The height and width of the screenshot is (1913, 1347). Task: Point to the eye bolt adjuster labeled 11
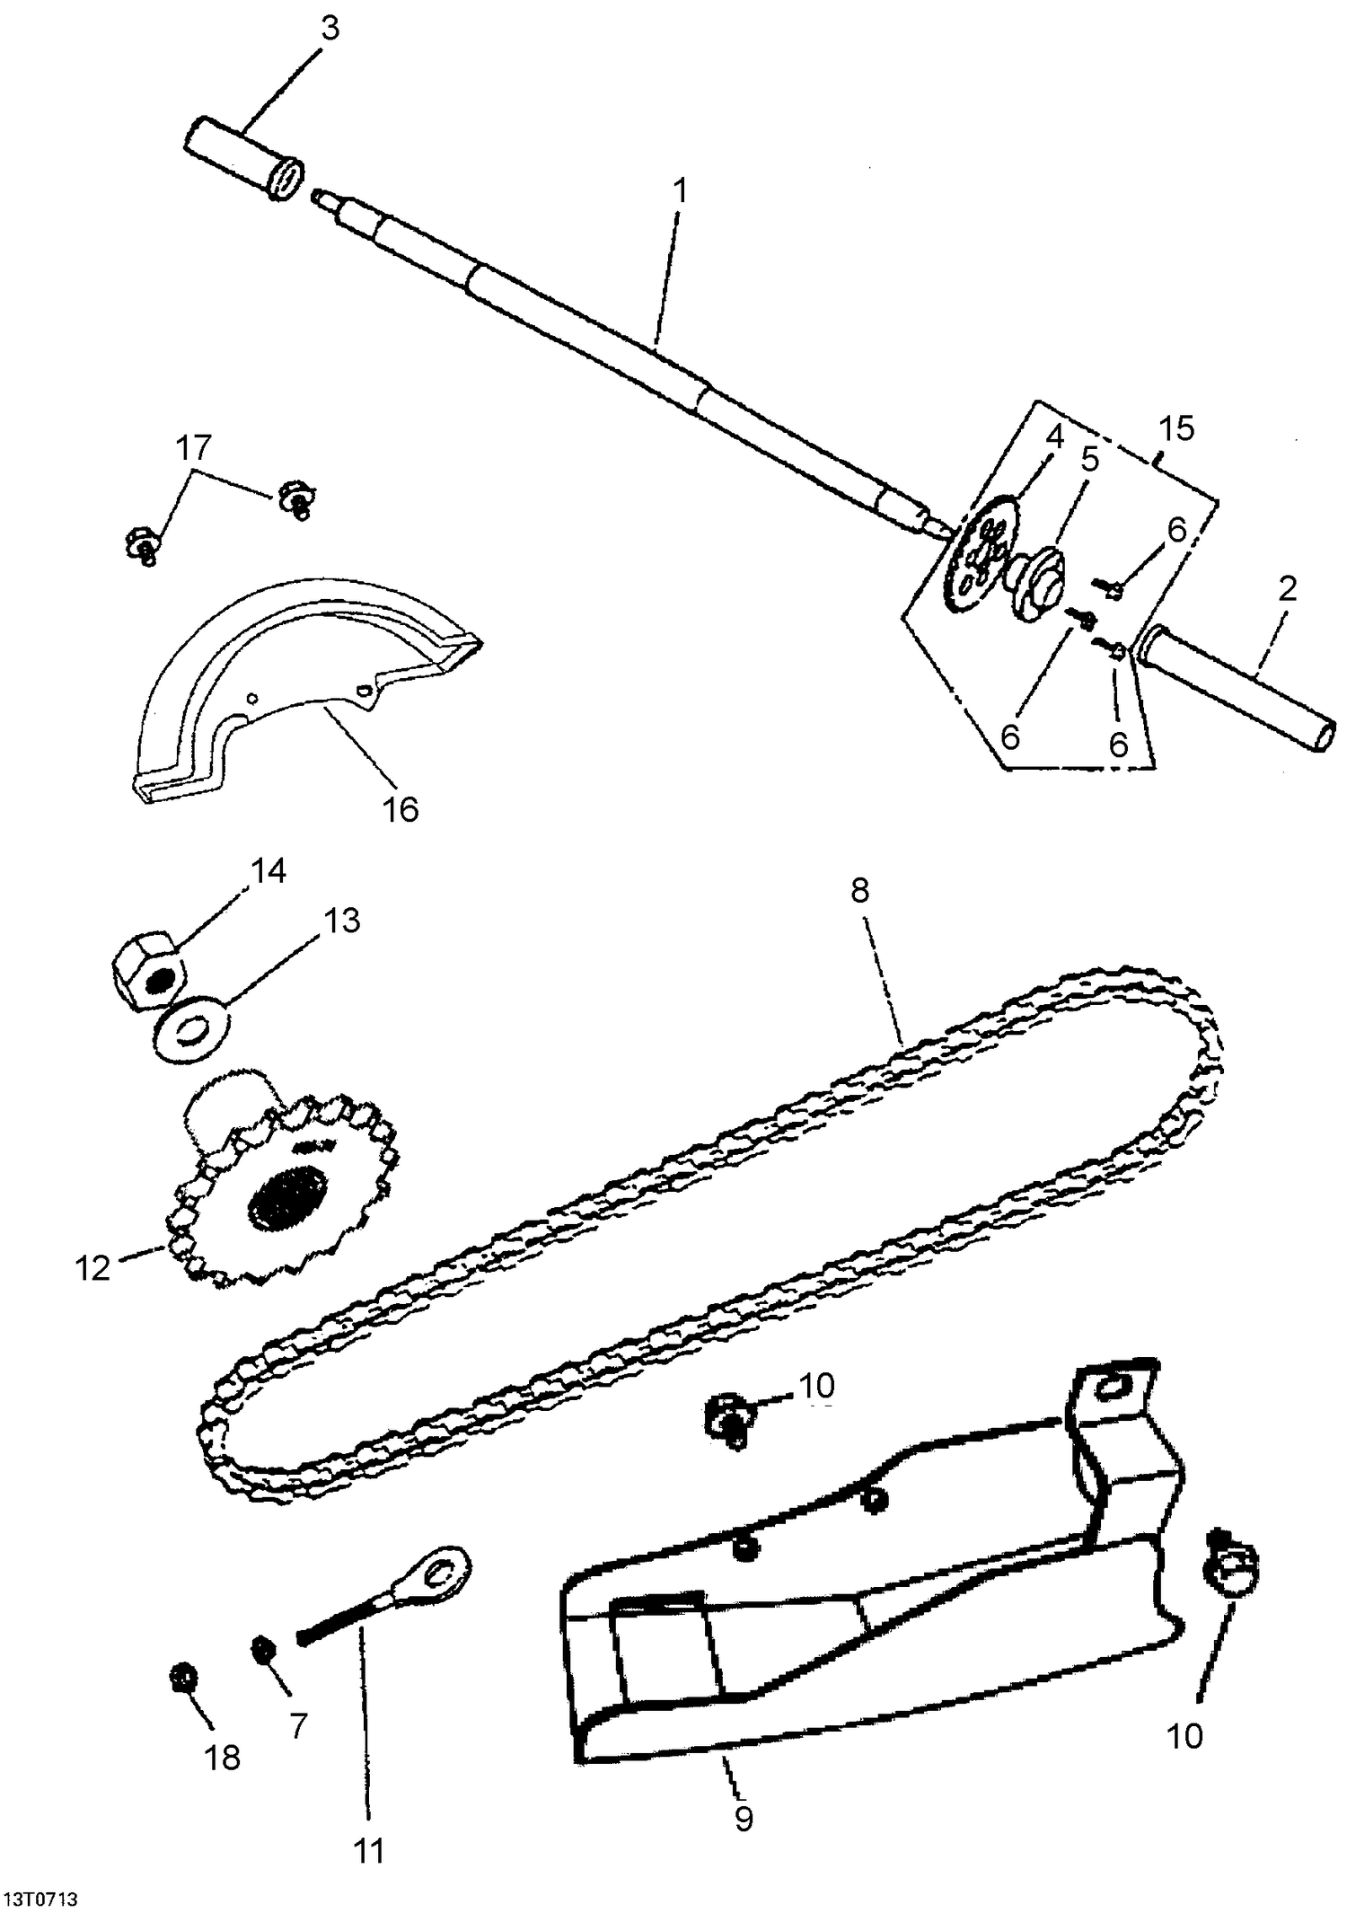(x=377, y=1611)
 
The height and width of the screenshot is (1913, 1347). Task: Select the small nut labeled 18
(x=184, y=1677)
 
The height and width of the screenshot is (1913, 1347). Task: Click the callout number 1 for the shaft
(x=681, y=191)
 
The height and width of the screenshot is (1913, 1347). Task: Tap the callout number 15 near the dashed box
(x=1176, y=428)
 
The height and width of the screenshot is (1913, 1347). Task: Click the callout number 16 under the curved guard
(x=401, y=809)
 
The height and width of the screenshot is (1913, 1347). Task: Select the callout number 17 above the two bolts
(x=195, y=447)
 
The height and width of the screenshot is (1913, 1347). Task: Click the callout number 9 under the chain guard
(x=744, y=1819)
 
